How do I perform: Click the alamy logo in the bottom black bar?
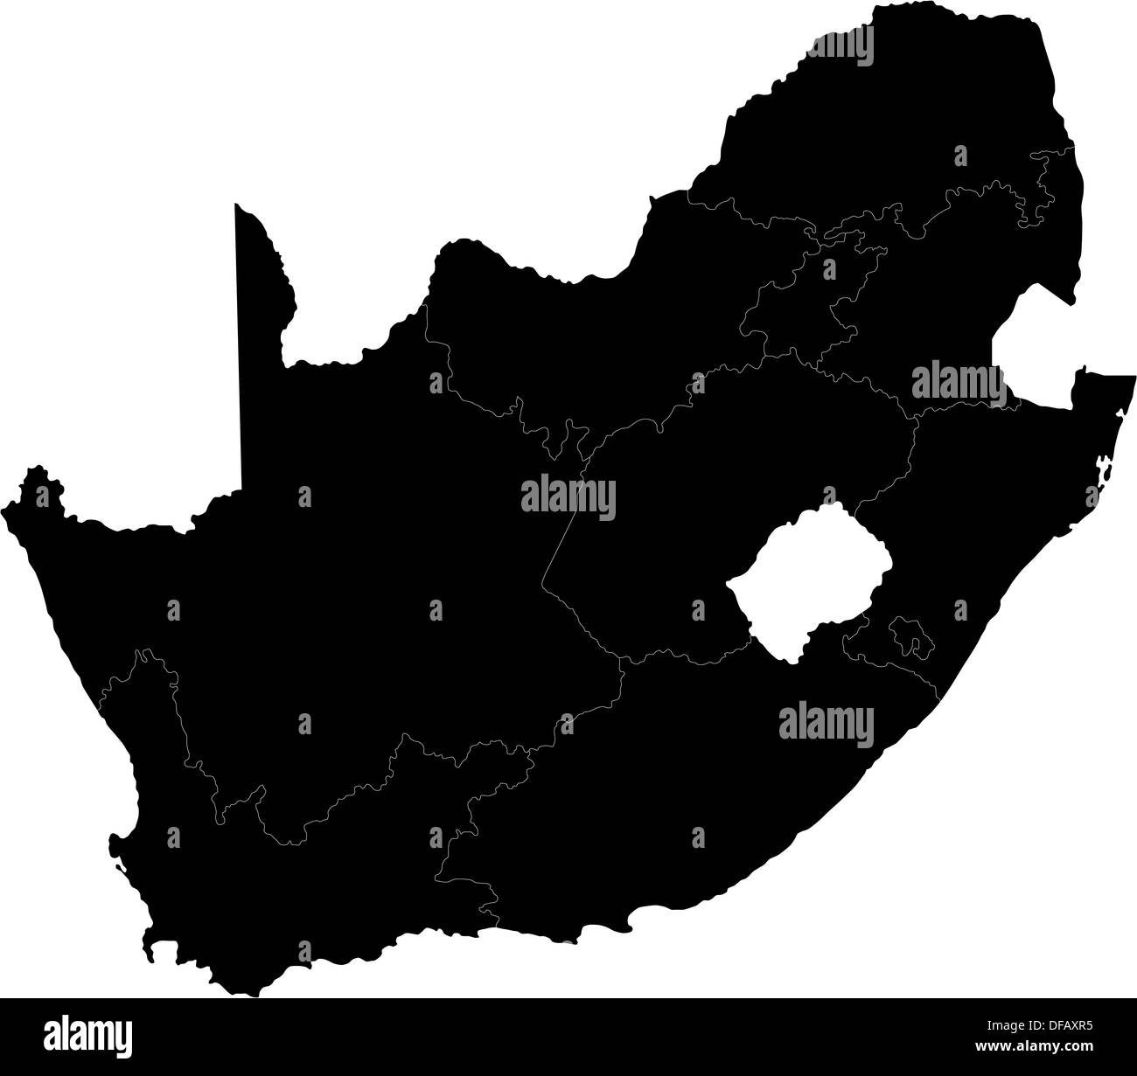pyautogui.click(x=89, y=1037)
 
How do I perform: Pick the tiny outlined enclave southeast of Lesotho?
pyautogui.click(x=908, y=638)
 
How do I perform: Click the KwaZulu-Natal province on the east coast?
pyautogui.click(x=980, y=524)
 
